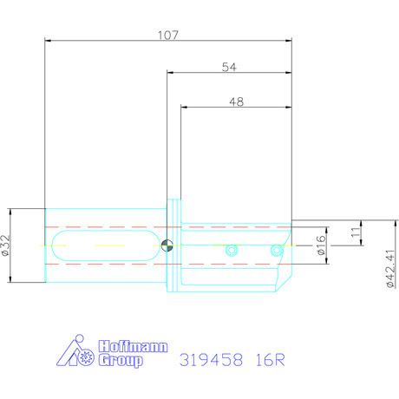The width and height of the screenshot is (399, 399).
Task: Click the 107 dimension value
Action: click(168, 35)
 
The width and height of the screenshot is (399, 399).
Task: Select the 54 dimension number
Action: click(229, 67)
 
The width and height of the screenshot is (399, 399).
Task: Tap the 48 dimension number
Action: click(235, 101)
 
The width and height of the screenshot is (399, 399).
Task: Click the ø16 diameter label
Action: click(321, 245)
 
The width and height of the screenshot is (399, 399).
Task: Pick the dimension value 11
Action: click(355, 232)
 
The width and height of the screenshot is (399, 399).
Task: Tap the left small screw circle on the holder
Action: click(231, 250)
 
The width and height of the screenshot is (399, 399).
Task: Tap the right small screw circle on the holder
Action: click(277, 250)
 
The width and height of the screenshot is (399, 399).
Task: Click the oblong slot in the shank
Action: click(105, 245)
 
